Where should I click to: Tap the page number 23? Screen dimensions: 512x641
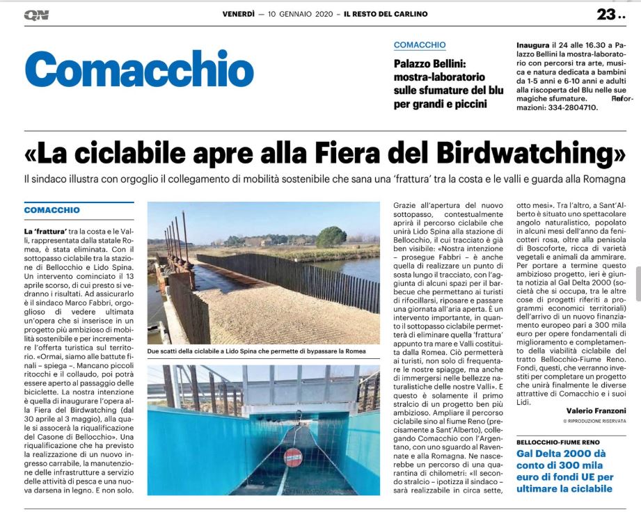pos(607,14)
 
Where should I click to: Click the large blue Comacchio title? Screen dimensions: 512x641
pos(139,70)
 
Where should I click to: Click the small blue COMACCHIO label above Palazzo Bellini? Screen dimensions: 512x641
pos(420,45)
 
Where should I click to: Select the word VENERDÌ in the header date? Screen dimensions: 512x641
pos(239,14)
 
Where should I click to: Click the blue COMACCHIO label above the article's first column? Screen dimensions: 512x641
pos(52,209)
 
